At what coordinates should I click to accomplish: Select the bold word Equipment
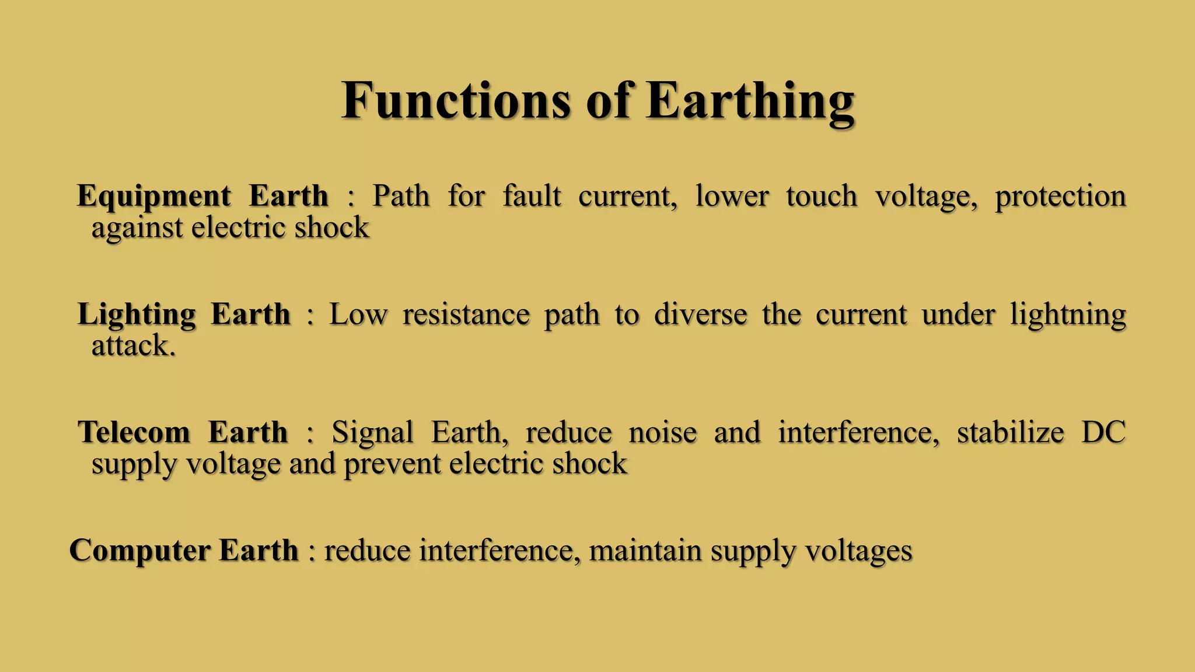[154, 197]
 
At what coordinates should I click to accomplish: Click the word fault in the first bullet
[532, 195]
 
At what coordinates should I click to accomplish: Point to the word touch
[822, 195]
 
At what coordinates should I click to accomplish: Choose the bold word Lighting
[137, 316]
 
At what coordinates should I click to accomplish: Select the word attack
[133, 345]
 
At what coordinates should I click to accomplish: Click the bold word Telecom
[135, 432]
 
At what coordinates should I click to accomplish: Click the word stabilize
[1011, 432]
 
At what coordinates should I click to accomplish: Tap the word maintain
[645, 551]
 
